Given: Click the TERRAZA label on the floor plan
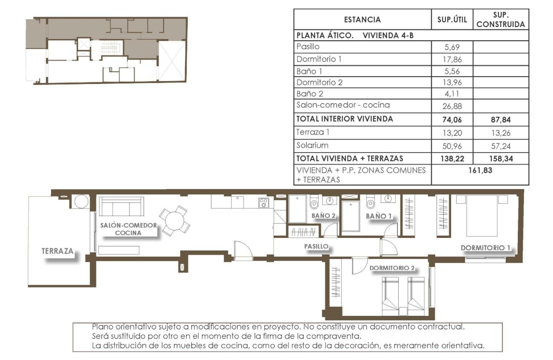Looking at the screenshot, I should (57, 251).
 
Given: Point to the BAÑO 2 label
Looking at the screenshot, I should (323, 216).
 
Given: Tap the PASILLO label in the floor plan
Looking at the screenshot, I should (316, 246).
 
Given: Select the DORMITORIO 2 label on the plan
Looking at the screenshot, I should (392, 268).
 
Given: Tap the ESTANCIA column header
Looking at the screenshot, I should (362, 19).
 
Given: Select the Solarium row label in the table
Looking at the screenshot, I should (312, 145).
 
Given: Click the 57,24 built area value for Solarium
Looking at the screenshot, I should (501, 146).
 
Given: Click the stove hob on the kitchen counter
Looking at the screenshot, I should (264, 203).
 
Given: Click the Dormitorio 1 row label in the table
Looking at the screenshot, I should (319, 59).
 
